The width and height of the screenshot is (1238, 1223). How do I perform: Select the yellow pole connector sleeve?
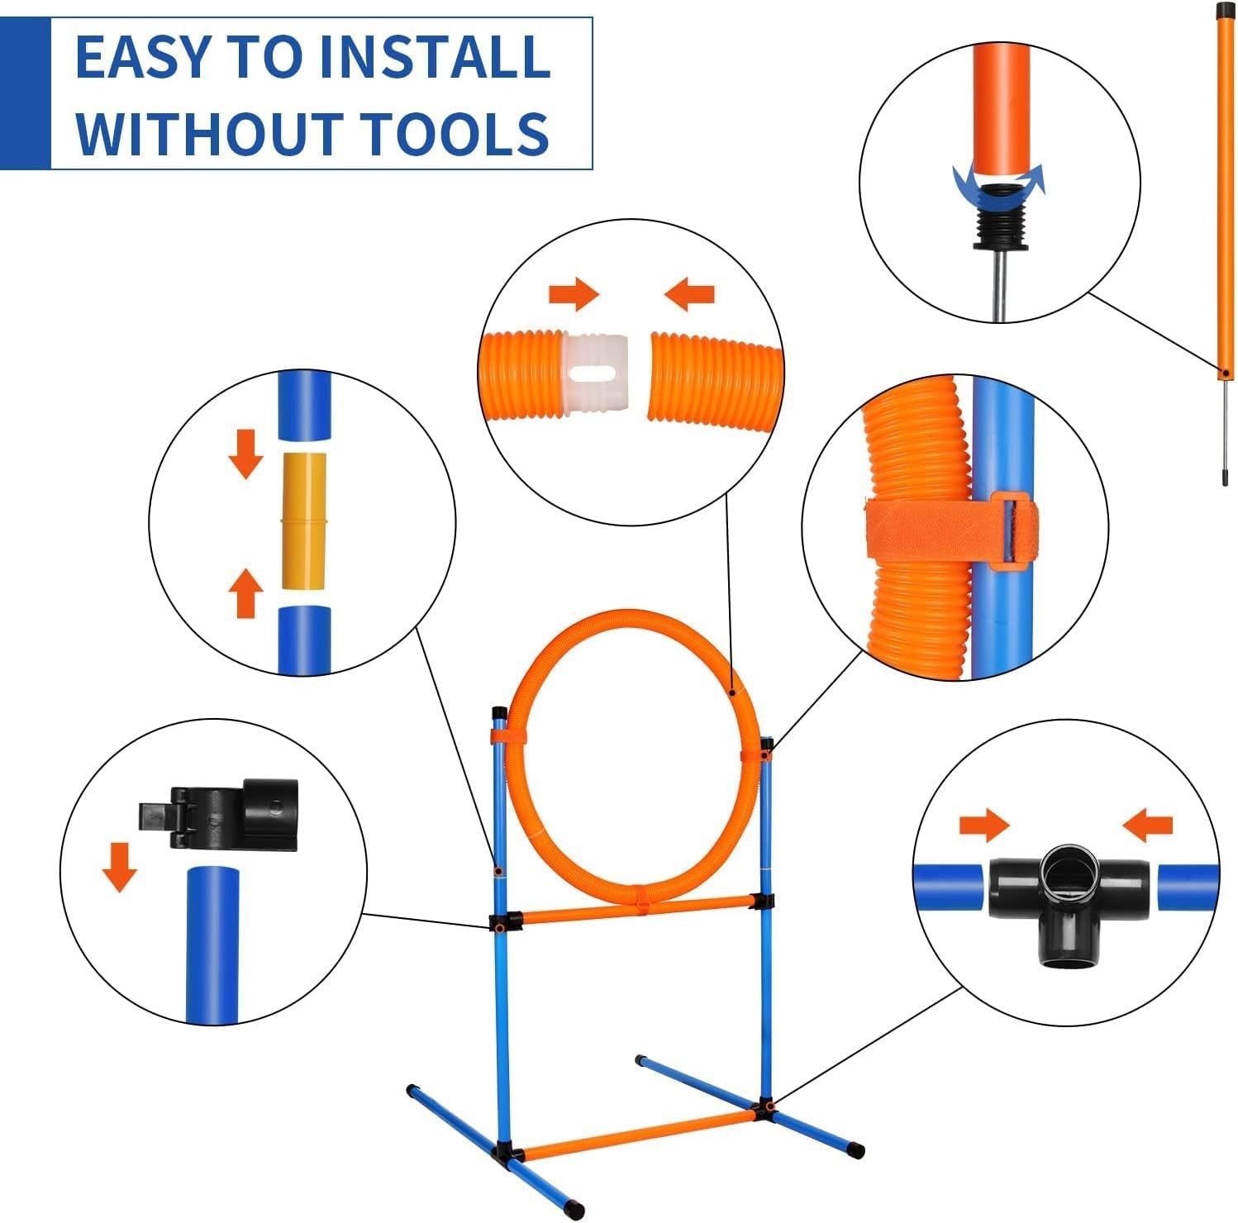304,521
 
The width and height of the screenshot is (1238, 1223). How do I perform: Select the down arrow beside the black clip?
120,866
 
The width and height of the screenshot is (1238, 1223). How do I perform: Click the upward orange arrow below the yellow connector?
245,592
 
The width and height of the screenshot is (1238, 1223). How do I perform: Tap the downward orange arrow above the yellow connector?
245,454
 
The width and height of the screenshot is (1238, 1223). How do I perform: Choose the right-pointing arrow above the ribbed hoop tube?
574,293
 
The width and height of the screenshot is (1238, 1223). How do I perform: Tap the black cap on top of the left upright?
498,712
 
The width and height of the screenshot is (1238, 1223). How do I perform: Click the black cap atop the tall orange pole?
1224,10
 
